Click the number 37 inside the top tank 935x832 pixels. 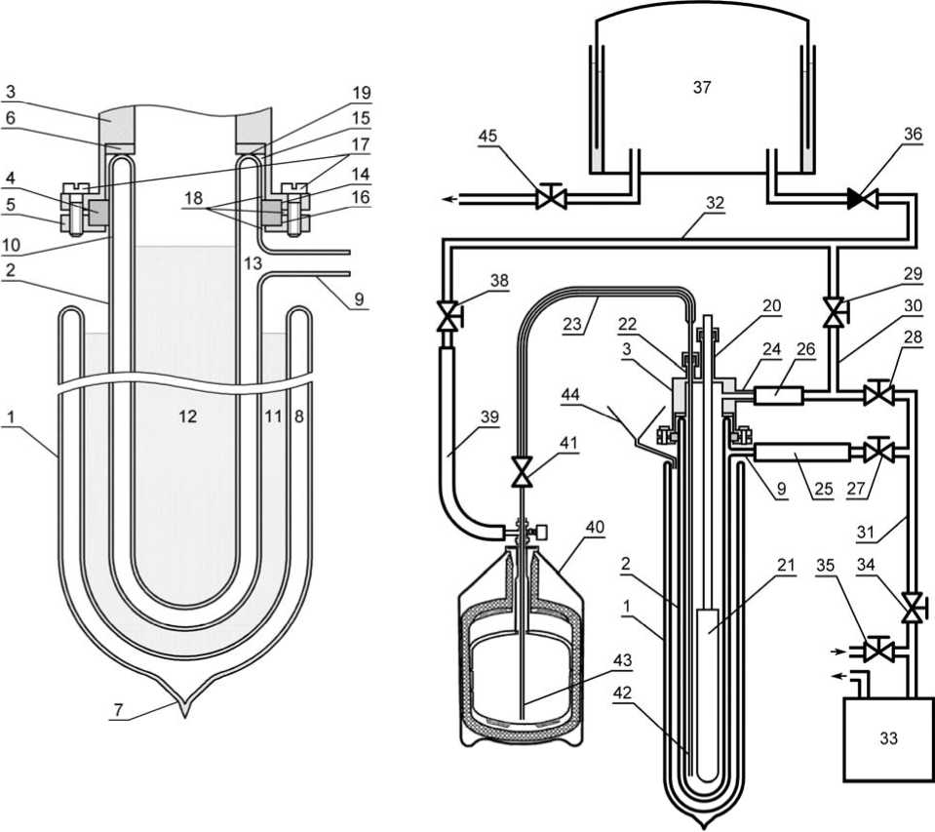[x=702, y=87]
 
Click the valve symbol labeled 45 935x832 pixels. [x=551, y=197]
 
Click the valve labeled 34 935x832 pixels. [x=912, y=607]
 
